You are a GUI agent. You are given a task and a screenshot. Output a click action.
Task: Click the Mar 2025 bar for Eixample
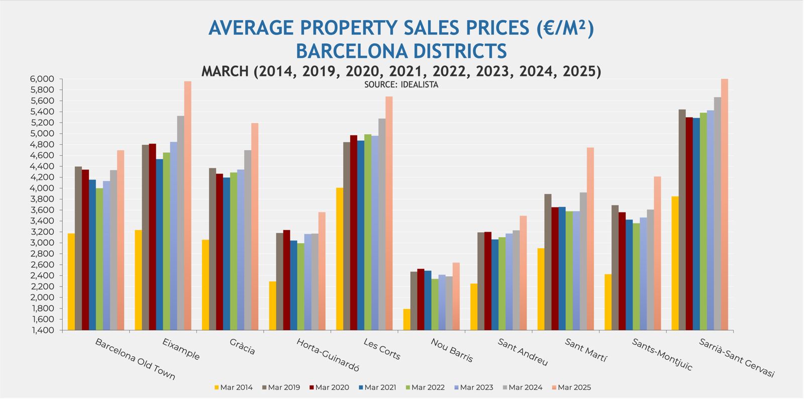187,206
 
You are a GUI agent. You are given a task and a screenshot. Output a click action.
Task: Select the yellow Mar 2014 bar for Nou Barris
407,320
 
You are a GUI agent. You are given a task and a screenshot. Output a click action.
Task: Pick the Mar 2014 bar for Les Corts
340,259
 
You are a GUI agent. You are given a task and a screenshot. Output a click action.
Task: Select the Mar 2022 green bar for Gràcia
233,251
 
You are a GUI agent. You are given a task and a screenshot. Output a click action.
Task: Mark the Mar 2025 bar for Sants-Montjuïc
657,253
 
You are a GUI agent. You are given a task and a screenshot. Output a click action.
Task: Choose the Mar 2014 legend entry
233,387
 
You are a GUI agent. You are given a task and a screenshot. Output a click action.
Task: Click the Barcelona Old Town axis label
135,359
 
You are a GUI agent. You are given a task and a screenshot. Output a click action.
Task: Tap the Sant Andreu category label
523,352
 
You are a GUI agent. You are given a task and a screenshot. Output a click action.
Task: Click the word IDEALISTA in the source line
420,85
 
